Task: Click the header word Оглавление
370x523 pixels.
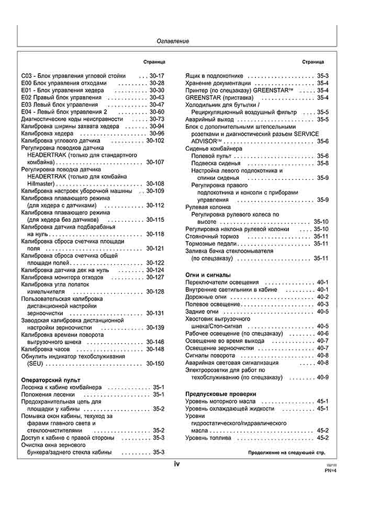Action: (x=173, y=41)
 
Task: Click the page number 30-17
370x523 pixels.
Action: (x=156, y=75)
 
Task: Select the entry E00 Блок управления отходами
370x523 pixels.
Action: (x=64, y=83)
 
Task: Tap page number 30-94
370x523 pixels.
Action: (x=156, y=126)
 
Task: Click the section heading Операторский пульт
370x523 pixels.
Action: (x=49, y=380)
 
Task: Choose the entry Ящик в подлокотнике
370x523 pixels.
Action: (x=216, y=76)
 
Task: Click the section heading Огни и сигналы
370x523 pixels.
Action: (x=208, y=275)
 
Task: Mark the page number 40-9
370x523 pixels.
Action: (x=322, y=377)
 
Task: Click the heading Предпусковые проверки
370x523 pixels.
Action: (x=220, y=393)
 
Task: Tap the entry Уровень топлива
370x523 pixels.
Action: (x=208, y=438)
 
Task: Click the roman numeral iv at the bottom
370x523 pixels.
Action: (x=177, y=463)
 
